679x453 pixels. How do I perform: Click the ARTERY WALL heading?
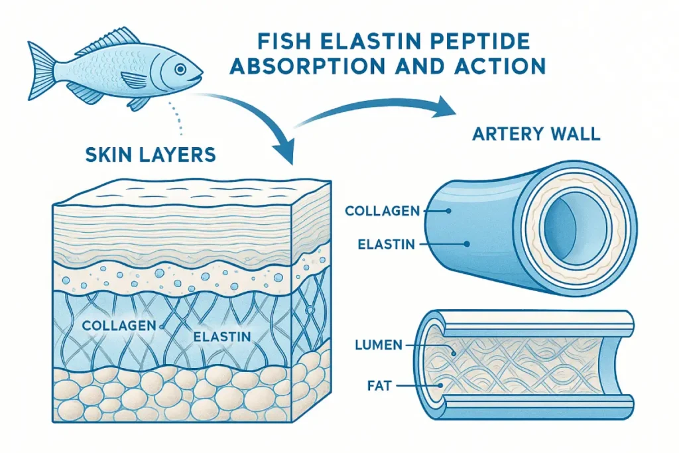pos(536,133)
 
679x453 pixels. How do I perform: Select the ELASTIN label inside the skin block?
pos(222,337)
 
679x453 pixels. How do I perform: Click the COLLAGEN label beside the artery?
pos(382,211)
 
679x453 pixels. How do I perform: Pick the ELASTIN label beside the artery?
pos(386,244)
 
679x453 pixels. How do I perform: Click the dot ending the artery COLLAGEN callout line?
pos(449,211)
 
